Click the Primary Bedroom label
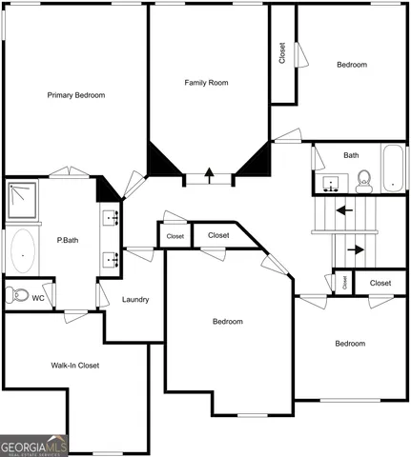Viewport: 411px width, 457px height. [76, 95]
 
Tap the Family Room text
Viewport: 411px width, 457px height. [206, 83]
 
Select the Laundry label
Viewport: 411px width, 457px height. [135, 300]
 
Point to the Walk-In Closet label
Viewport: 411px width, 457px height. [74, 365]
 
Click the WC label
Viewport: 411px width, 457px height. [38, 298]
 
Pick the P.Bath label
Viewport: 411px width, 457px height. [67, 240]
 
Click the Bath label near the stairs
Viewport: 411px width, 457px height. [351, 155]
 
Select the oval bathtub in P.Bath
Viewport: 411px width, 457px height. [21, 255]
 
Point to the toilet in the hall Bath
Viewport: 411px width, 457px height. [363, 179]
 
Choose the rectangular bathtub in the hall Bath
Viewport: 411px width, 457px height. [393, 169]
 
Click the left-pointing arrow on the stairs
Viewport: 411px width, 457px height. [343, 210]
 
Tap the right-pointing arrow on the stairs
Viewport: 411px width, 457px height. [355, 250]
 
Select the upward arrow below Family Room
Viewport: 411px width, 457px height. [207, 175]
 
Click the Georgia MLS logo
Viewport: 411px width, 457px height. [34, 446]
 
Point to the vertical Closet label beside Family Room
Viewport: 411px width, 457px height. [282, 52]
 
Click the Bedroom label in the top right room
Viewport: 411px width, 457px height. [351, 65]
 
